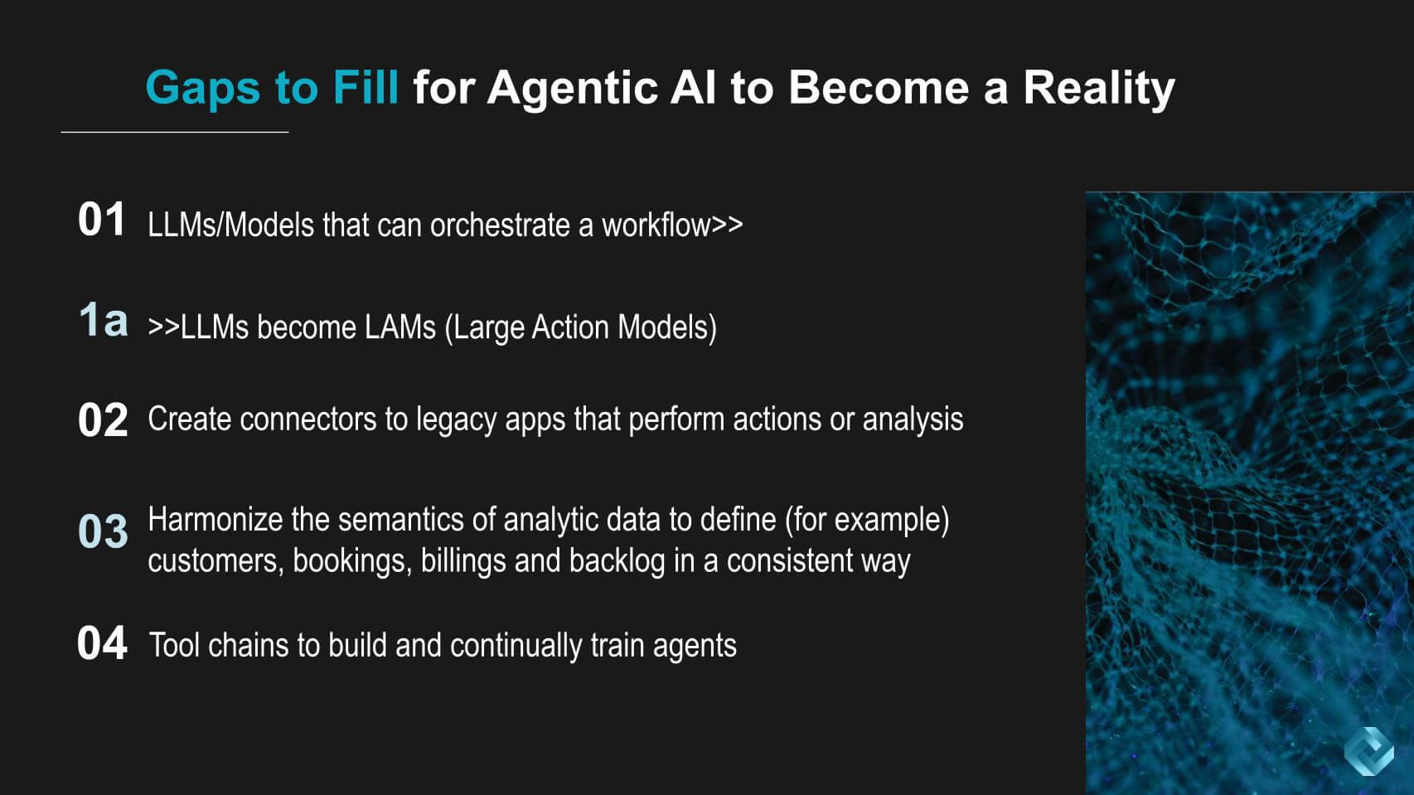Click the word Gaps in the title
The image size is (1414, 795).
202,88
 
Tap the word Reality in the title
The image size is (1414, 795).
1098,87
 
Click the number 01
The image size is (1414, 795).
101,220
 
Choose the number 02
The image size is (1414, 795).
103,419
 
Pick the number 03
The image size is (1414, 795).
103,531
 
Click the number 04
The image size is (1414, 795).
102,643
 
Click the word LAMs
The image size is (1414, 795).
400,327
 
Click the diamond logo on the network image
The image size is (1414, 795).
1368,751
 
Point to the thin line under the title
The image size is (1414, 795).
175,132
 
